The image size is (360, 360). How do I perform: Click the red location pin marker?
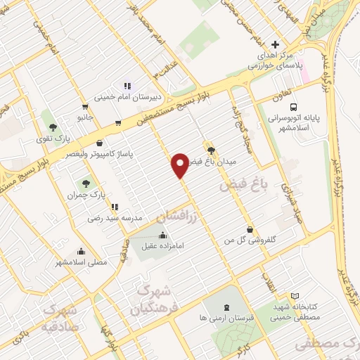pyautogui.click(x=181, y=165)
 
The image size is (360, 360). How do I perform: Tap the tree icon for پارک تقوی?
pyautogui.click(x=52, y=127)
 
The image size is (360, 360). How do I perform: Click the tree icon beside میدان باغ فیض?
pyautogui.click(x=210, y=149)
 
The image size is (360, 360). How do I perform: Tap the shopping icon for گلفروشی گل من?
pyautogui.click(x=250, y=229)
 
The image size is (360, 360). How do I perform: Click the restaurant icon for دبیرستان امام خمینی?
pyautogui.click(x=127, y=86)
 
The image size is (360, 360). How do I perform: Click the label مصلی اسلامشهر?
pyautogui.click(x=82, y=262)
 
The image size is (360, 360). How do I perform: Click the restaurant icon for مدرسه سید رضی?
pyautogui.click(x=115, y=207)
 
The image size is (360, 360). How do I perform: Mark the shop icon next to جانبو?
pyautogui.click(x=117, y=123)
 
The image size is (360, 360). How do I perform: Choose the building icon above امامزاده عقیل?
pyautogui.click(x=163, y=236)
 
